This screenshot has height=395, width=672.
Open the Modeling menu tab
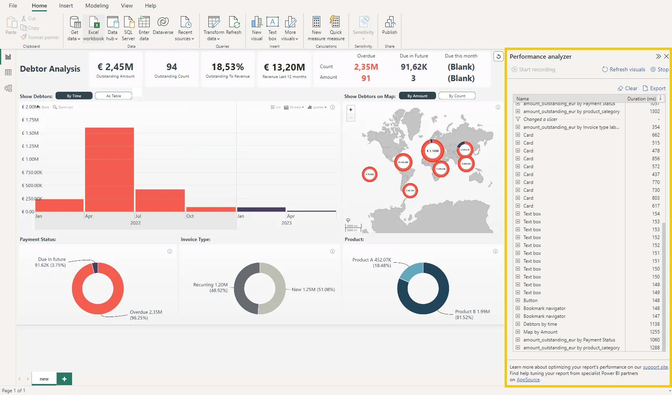[97, 6]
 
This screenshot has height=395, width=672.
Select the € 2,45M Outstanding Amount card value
[115, 67]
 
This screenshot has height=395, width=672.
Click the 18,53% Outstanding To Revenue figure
[227, 67]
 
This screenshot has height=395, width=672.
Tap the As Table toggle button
[113, 96]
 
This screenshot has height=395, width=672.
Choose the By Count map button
[457, 96]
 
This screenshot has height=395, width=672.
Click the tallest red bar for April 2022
[109, 169]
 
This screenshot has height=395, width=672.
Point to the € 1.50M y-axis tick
[30, 133]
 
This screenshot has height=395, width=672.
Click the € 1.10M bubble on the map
[433, 151]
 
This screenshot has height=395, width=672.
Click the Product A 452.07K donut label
[372, 260]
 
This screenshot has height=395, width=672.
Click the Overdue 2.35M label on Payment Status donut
[146, 312]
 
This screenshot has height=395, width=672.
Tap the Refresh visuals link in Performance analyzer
[624, 69]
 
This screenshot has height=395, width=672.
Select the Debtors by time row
[540, 324]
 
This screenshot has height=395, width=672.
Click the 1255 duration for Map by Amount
[654, 332]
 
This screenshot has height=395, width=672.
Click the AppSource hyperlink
[528, 380]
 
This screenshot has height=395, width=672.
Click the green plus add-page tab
[64, 379]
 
